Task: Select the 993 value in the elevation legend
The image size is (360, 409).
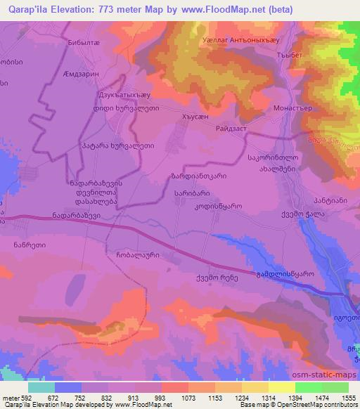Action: point(160,398)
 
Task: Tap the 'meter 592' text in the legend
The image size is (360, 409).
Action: point(16,398)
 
